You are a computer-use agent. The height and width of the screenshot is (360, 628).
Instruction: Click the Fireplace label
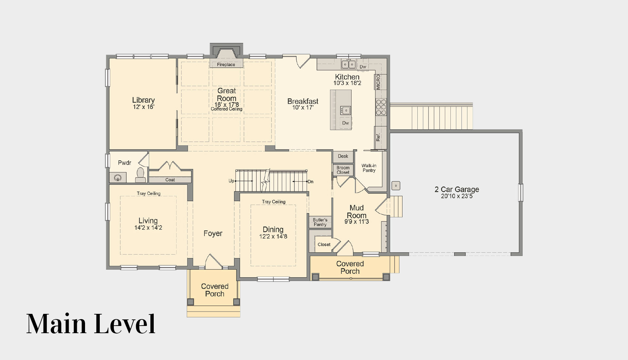226,64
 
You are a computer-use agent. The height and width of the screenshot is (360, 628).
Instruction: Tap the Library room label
143,100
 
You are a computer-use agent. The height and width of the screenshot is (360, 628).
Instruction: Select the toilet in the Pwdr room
140,175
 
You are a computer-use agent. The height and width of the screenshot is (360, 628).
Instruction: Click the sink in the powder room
118,178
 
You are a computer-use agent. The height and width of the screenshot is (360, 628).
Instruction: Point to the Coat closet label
170,180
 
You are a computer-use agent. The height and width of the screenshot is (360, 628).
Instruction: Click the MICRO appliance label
378,82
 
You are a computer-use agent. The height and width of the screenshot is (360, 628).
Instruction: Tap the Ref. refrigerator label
378,137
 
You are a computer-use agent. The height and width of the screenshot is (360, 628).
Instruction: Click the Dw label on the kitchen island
346,123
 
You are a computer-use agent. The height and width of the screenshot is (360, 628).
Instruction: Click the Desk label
343,156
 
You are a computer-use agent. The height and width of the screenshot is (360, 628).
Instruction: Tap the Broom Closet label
343,170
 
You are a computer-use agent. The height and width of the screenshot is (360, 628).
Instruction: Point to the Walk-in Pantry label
369,168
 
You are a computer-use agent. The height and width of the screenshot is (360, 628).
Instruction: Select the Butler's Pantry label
320,222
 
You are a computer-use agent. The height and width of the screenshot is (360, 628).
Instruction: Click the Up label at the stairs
231,181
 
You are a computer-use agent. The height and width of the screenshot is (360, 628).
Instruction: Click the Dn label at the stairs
310,181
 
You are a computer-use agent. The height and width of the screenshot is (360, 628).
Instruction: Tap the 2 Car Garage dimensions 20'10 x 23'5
457,196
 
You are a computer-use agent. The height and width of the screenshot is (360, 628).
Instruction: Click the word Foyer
213,233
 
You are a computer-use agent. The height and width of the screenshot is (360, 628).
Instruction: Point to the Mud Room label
357,211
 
